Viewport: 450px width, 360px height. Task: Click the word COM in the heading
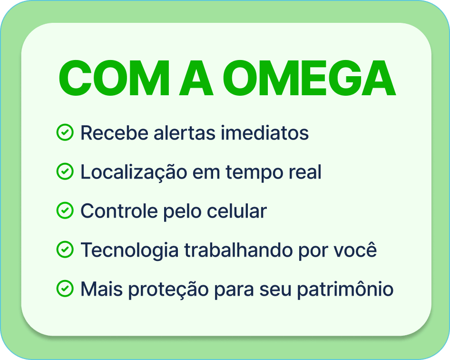click(x=114, y=78)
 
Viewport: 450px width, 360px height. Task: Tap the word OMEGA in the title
click(x=309, y=78)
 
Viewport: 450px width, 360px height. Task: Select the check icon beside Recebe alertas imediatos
click(x=65, y=132)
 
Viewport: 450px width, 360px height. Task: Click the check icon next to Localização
click(x=65, y=171)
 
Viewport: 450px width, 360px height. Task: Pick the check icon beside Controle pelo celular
click(x=65, y=210)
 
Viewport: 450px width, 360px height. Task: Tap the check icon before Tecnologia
click(x=65, y=250)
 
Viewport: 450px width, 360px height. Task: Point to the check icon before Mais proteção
click(x=65, y=289)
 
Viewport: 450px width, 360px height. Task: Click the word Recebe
click(x=114, y=133)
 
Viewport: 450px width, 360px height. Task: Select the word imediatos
click(x=264, y=133)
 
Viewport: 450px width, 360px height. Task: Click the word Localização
click(x=134, y=172)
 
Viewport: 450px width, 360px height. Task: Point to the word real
click(x=305, y=172)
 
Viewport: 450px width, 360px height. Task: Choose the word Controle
click(x=119, y=211)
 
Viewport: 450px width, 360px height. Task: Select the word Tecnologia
click(x=130, y=250)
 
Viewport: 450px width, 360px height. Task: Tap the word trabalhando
click(x=239, y=250)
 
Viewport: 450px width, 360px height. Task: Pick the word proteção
click(x=168, y=290)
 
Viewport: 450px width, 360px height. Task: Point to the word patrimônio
click(x=345, y=289)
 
